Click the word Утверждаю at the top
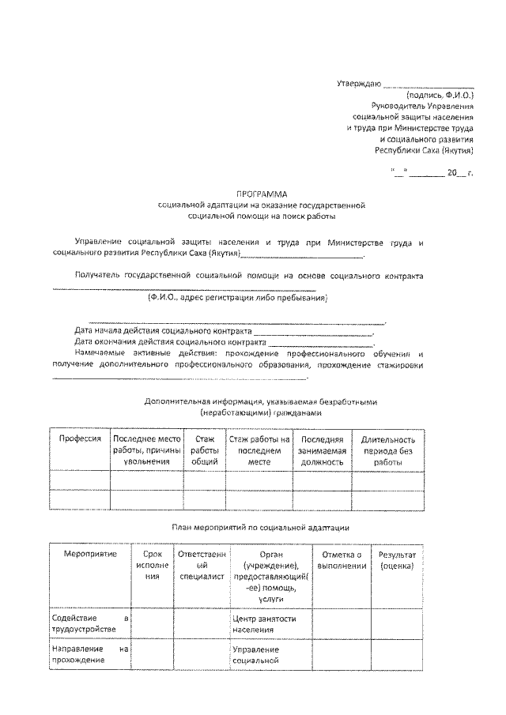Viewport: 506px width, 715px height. (359, 83)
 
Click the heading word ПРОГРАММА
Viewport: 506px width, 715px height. (262, 193)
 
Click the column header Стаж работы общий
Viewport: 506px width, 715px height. (204, 450)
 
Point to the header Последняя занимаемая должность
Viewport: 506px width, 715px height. (322, 450)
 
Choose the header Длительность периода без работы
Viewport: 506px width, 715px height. (388, 450)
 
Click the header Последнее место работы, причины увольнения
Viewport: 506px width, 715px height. (147, 450)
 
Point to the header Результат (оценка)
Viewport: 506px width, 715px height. (398, 560)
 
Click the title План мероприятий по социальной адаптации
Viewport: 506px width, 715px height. (261, 526)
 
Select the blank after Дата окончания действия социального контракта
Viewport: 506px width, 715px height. (320, 342)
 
